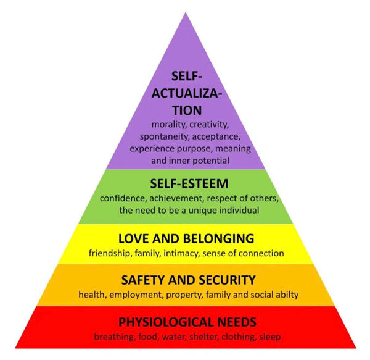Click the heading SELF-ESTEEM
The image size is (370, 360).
[x=189, y=184]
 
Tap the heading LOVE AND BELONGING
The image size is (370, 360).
[x=186, y=238]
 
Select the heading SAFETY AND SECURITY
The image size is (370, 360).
[x=188, y=280]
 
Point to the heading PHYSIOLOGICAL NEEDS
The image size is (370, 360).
[x=187, y=322]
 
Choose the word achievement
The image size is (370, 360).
[x=176, y=198]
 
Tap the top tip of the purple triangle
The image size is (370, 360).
[x=186, y=12]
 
